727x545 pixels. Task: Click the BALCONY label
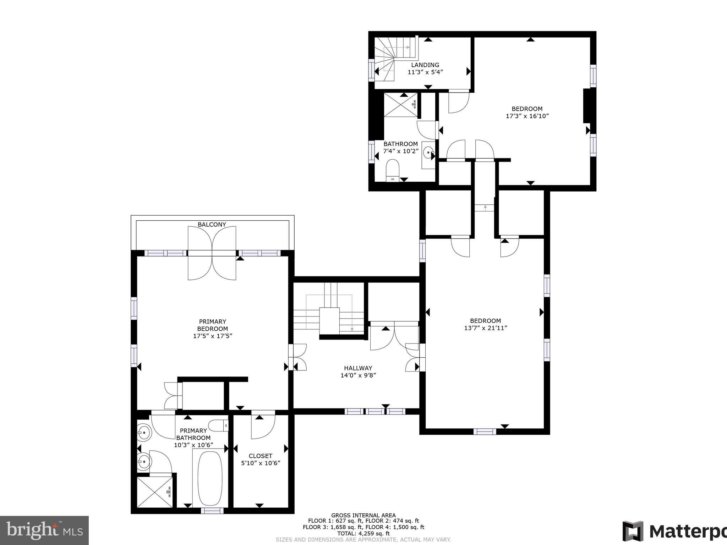click(212, 225)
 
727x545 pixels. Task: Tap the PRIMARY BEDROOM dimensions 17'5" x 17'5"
click(212, 336)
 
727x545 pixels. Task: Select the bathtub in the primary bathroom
click(210, 478)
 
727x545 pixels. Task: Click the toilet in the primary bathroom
click(218, 425)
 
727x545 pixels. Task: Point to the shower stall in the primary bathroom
click(154, 492)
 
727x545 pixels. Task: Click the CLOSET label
click(260, 456)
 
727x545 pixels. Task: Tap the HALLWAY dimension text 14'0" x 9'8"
click(358, 375)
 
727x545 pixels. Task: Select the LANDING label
click(425, 65)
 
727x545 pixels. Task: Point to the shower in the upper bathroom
click(400, 105)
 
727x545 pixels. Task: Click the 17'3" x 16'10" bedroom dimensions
click(527, 116)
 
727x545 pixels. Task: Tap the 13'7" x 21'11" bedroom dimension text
click(485, 328)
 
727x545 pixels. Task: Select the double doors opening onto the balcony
click(212, 253)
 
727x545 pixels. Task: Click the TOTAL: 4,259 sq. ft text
click(363, 533)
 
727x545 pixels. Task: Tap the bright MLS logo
click(44, 530)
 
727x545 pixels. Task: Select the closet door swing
click(263, 426)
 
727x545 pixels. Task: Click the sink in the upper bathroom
click(428, 153)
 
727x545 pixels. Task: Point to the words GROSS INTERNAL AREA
click(363, 516)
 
